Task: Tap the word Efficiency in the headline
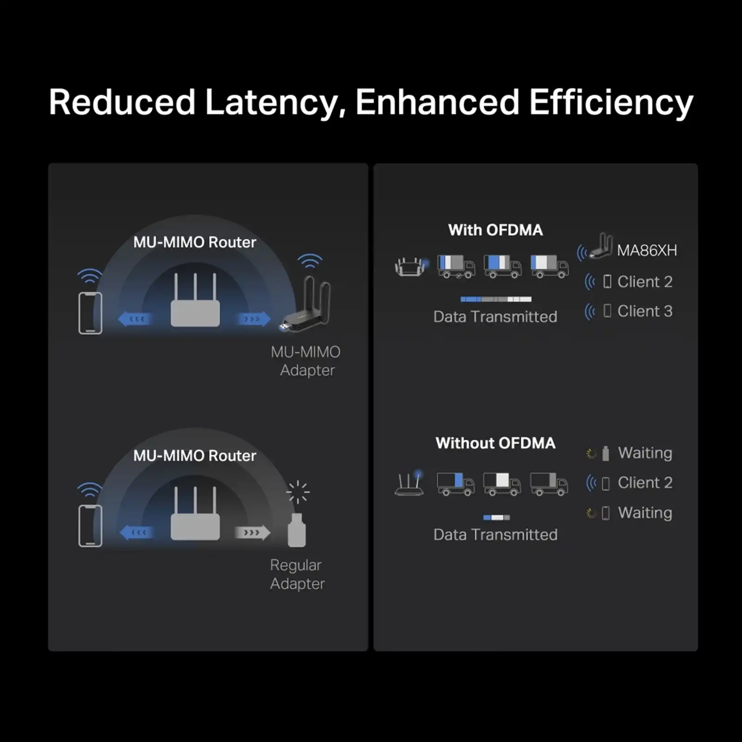click(611, 102)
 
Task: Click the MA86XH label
click(646, 250)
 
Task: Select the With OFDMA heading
click(495, 230)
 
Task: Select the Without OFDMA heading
click(495, 443)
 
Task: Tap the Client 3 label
click(645, 311)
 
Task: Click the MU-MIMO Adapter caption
click(306, 361)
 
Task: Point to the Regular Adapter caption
click(297, 574)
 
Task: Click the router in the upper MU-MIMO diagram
click(195, 302)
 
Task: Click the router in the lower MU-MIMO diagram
click(195, 515)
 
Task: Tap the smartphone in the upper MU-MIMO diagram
click(90, 313)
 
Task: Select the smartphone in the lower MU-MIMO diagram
click(90, 526)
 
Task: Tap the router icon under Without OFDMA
click(409, 483)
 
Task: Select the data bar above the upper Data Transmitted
click(496, 299)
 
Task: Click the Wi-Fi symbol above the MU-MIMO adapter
click(310, 261)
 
